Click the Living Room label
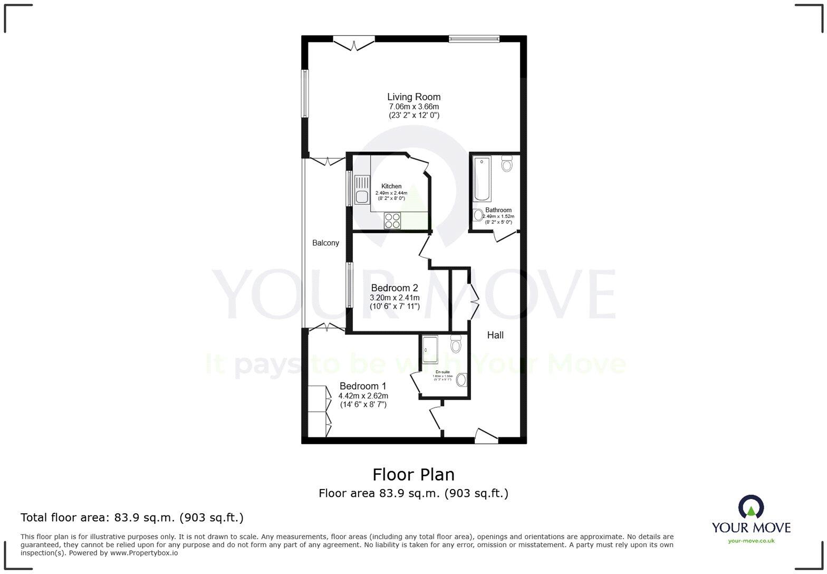(x=413, y=97)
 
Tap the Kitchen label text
(x=391, y=186)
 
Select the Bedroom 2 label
(x=395, y=288)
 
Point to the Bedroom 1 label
(x=363, y=386)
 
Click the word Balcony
(x=325, y=243)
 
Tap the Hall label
(x=495, y=335)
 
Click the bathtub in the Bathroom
(x=482, y=179)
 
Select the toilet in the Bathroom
(x=507, y=164)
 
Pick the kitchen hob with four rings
(x=392, y=221)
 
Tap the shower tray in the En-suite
(x=430, y=349)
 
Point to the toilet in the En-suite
(x=456, y=346)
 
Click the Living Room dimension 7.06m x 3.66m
(x=413, y=107)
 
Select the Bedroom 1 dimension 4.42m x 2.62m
(x=363, y=396)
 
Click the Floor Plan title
(x=413, y=475)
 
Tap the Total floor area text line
(x=132, y=518)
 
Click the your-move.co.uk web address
(x=751, y=540)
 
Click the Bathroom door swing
(x=504, y=236)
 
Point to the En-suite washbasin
(x=461, y=379)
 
